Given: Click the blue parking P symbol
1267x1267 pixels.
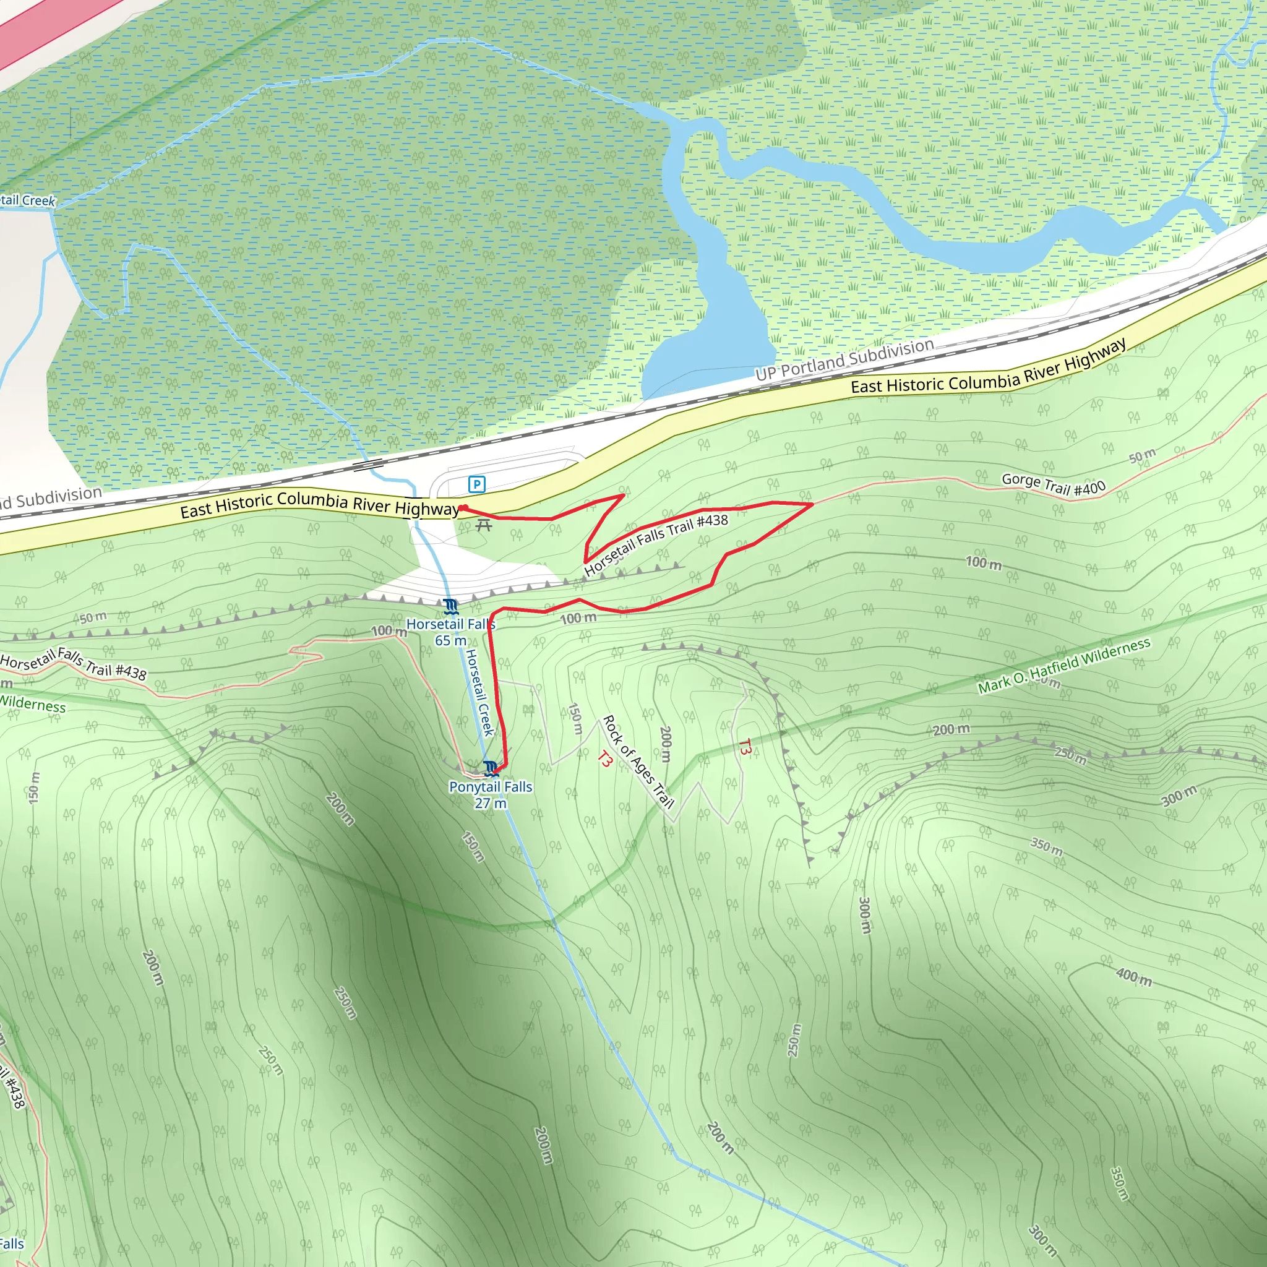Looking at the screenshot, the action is tap(477, 484).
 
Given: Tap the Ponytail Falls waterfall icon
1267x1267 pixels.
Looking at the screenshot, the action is tap(491, 767).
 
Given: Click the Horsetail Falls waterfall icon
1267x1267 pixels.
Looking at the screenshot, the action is tap(450, 606).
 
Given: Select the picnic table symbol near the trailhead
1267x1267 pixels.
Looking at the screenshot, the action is tap(484, 525).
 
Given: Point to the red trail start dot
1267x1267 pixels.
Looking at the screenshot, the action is tap(462, 507).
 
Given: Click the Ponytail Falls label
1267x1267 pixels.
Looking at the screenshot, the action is tap(491, 786).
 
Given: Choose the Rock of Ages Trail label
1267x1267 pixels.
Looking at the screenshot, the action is tap(637, 762).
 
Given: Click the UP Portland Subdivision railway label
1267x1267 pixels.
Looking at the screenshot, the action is tap(844, 359).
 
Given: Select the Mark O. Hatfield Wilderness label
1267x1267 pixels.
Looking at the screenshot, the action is tap(1063, 666).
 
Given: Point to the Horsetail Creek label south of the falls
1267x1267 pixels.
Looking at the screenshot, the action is tap(479, 692).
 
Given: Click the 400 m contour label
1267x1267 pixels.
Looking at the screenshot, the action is tap(1134, 977).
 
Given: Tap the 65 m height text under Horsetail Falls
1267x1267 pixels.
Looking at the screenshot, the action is tap(450, 641).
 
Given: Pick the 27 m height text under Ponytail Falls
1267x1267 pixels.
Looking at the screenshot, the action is tap(491, 804).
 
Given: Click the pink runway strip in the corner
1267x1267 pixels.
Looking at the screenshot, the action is tap(40, 26).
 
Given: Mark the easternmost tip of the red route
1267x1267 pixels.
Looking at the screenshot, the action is tap(812, 504).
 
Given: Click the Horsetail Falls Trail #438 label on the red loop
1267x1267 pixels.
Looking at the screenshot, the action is tap(656, 544).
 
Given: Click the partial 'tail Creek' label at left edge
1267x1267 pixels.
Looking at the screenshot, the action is tap(28, 200).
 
